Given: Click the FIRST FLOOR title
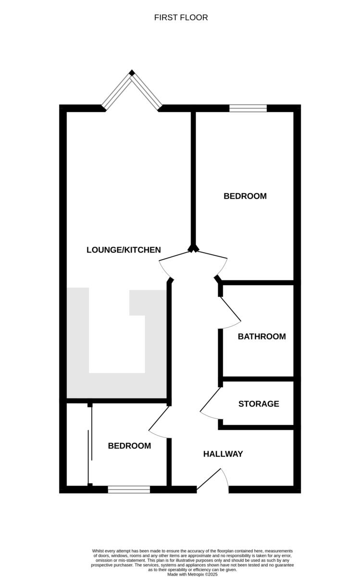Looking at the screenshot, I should pyautogui.click(x=181, y=18).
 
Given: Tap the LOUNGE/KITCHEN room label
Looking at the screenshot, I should pyautogui.click(x=124, y=250).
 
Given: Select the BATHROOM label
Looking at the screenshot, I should pyautogui.click(x=261, y=337).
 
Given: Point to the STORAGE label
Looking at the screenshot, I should pyautogui.click(x=259, y=404).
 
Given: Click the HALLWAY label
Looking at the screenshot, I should pyautogui.click(x=223, y=454).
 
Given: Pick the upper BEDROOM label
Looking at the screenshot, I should pyautogui.click(x=245, y=196).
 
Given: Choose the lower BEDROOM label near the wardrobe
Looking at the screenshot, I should pyautogui.click(x=129, y=446).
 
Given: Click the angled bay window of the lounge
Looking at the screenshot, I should pyautogui.click(x=132, y=90).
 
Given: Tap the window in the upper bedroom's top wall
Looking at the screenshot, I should pyautogui.click(x=248, y=108).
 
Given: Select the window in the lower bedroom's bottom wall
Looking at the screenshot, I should pyautogui.click(x=129, y=489).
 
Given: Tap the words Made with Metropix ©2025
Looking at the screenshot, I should pyautogui.click(x=192, y=574).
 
